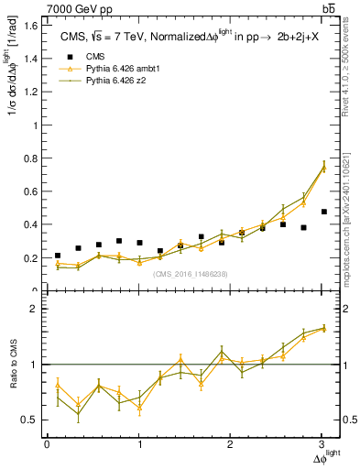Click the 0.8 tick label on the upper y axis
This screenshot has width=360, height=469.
pyautogui.click(x=30, y=158)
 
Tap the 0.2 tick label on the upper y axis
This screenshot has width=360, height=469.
pyautogui.click(x=30, y=258)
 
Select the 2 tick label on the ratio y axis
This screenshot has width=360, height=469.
pyautogui.click(x=33, y=309)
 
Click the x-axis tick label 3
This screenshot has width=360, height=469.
pyautogui.click(x=322, y=444)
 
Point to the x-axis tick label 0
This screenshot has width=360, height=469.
pyautogui.click(x=47, y=444)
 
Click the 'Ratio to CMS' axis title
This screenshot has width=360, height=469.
pyautogui.click(x=12, y=365)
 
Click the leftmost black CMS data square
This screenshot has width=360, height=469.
pyautogui.click(x=58, y=256)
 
